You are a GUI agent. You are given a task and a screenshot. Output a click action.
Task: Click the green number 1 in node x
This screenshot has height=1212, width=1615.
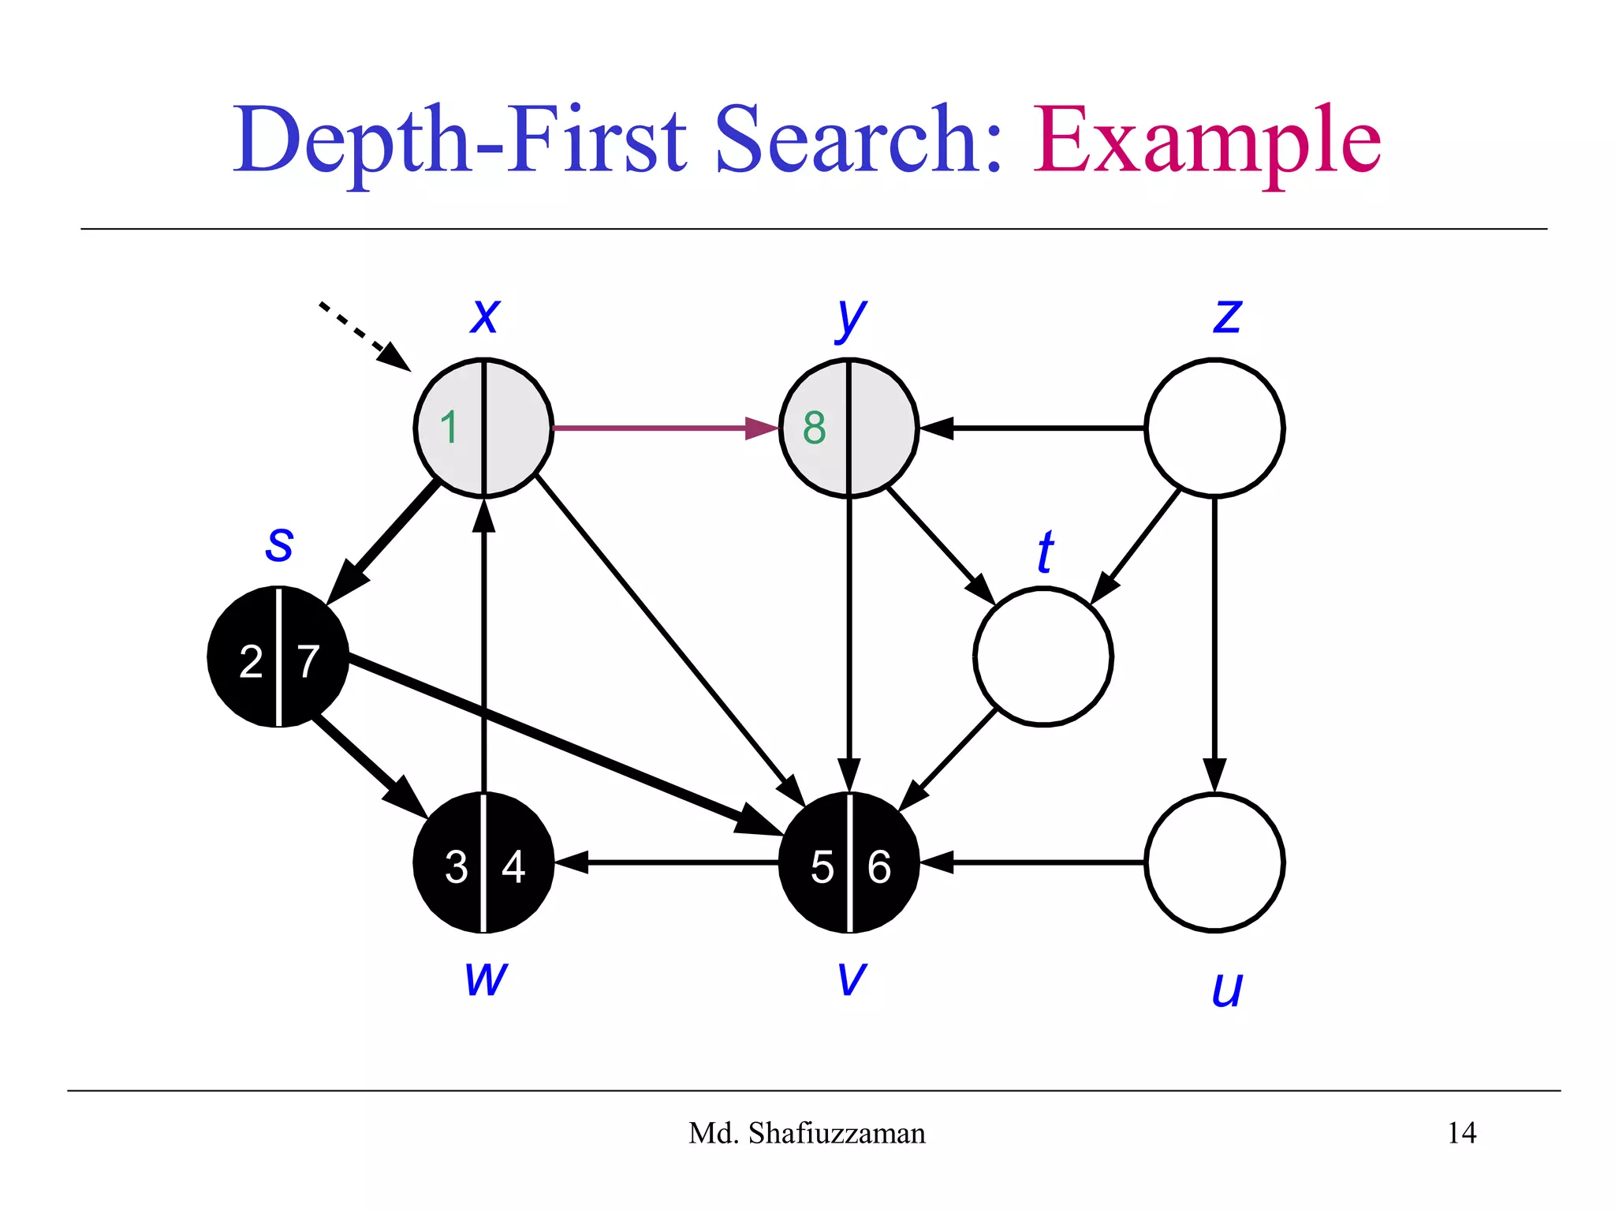coord(449,428)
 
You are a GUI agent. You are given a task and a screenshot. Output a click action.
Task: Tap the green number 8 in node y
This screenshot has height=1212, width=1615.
coord(814,428)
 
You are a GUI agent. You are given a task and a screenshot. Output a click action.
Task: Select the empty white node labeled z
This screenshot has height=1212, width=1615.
coord(1214,428)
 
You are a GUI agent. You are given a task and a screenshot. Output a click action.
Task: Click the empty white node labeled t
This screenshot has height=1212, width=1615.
coord(1042,656)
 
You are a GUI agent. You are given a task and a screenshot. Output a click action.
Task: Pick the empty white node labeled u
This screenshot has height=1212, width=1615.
coord(1214,862)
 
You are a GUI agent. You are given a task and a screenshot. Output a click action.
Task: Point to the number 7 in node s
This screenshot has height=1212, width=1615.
coord(308,661)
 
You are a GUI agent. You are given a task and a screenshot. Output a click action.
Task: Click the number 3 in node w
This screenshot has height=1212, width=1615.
coord(456,866)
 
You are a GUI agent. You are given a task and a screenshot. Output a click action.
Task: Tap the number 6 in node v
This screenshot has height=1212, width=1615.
coord(878,866)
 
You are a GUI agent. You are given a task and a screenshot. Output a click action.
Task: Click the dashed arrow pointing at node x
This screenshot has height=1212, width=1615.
coord(363,335)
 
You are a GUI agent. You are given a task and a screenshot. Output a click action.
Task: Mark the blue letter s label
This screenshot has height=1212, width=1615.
coord(279,543)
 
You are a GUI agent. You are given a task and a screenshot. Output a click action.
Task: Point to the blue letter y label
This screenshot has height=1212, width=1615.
coord(850,317)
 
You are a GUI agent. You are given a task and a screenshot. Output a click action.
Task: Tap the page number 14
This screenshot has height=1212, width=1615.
coord(1461,1133)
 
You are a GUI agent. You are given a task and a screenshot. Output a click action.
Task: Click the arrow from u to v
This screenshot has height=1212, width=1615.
coord(1033,862)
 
